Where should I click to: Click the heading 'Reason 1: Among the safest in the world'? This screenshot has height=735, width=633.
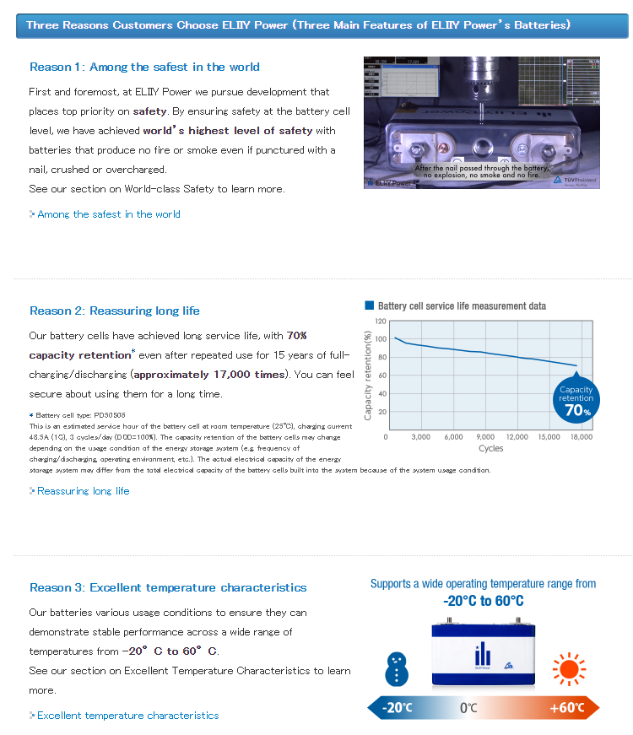(144, 67)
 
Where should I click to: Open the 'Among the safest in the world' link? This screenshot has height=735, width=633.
(108, 214)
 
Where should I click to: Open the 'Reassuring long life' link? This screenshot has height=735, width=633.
(83, 490)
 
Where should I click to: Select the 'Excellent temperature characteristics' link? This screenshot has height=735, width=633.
(127, 715)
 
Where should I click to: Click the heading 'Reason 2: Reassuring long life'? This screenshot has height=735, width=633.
(115, 311)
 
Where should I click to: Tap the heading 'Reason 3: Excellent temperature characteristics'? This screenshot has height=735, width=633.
(168, 587)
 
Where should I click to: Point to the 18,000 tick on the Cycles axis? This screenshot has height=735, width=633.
(582, 437)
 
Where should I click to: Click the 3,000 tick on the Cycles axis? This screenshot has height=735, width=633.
(420, 437)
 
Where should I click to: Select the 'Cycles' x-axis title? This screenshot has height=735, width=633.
(490, 448)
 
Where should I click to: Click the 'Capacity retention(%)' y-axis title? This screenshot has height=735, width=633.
(368, 375)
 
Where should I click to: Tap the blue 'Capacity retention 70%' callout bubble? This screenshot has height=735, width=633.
(576, 399)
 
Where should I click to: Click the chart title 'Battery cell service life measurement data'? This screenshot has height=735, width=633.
(462, 305)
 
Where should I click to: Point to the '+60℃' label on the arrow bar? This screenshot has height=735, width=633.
(566, 707)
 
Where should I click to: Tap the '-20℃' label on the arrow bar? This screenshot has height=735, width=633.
(397, 707)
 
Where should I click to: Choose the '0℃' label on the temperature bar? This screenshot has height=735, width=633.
(468, 707)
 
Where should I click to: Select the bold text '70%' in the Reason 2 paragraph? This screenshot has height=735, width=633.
(297, 335)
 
